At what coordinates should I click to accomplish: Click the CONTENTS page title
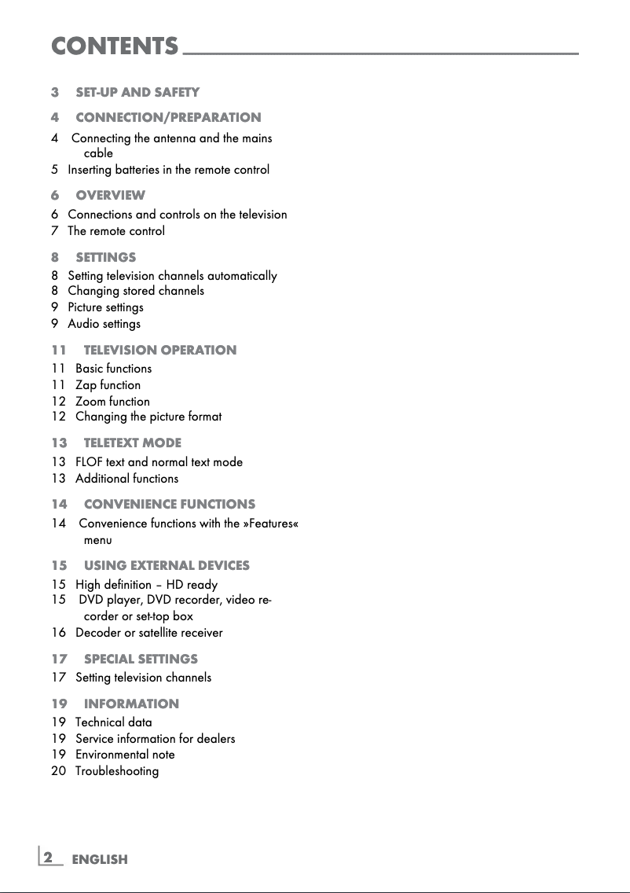pyautogui.click(x=115, y=46)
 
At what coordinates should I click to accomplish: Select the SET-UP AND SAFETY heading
pyautogui.click(x=137, y=93)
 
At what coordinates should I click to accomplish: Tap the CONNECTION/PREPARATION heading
pyautogui.click(x=168, y=117)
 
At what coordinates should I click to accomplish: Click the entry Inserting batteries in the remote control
pyautogui.click(x=168, y=170)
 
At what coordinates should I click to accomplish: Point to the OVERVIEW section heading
pyautogui.click(x=110, y=195)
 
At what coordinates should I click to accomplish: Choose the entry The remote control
pyautogui.click(x=116, y=231)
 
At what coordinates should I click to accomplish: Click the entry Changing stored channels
pyautogui.click(x=136, y=291)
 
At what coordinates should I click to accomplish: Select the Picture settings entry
pyautogui.click(x=105, y=307)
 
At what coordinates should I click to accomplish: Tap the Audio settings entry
pyautogui.click(x=104, y=324)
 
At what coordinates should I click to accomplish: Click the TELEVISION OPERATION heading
pyautogui.click(x=159, y=350)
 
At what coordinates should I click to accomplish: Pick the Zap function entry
pyautogui.click(x=108, y=385)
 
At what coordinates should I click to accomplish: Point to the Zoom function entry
pyautogui.click(x=112, y=402)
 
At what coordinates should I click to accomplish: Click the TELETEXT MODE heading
pyautogui.click(x=132, y=443)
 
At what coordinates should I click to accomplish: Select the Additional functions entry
pyautogui.click(x=126, y=479)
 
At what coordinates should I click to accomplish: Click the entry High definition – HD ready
pyautogui.click(x=146, y=585)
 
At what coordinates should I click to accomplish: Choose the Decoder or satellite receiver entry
pyautogui.click(x=148, y=633)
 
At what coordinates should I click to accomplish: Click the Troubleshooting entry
pyautogui.click(x=117, y=771)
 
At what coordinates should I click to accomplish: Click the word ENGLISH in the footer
pyautogui.click(x=100, y=860)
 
